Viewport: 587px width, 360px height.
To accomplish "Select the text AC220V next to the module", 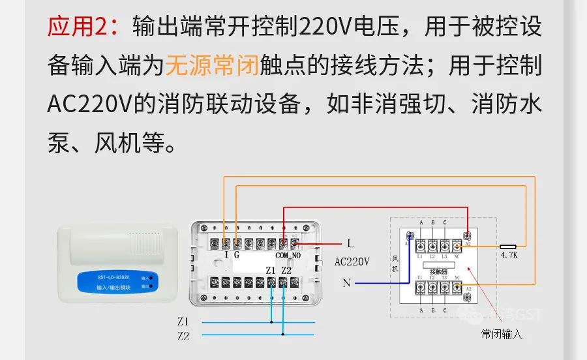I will pos(352,262).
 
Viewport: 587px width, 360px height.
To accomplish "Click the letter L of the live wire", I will pos(350,244).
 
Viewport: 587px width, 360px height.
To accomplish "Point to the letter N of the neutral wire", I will pos(346,282).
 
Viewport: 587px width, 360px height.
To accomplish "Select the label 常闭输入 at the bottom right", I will pos(502,334).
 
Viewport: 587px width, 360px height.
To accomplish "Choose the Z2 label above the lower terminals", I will pos(286,270).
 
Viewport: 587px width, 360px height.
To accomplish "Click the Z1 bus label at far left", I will pos(183,322).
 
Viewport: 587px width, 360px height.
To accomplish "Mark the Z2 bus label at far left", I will pos(183,336).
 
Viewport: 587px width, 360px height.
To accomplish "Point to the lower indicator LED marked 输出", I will pos(151,286).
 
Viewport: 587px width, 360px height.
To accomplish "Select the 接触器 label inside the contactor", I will pos(438,271).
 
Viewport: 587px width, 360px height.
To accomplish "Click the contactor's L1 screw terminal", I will pos(421,246).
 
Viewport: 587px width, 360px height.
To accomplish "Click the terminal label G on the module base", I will pos(237,256).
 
